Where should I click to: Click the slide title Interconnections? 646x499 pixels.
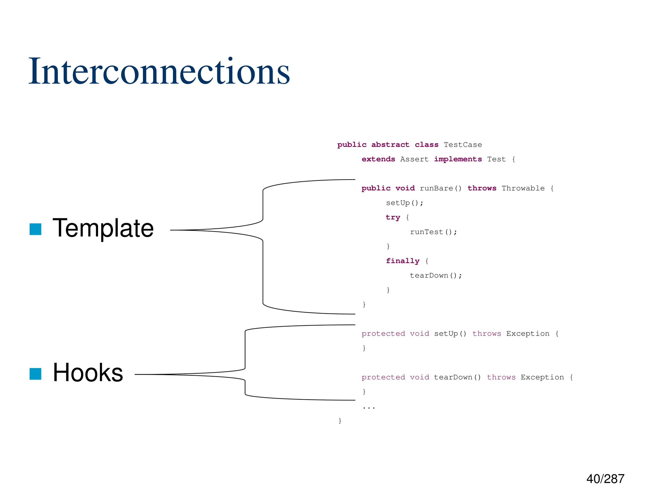coord(159,72)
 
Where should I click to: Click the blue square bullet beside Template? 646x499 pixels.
coord(35,229)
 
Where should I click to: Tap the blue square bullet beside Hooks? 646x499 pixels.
coord(35,374)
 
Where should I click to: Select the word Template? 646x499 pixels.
coord(103,228)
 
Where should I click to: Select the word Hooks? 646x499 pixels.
coord(88,373)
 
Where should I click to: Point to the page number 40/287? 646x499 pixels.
coord(605,479)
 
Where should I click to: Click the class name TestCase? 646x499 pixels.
coord(463,145)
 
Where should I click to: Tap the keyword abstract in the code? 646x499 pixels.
coord(390,145)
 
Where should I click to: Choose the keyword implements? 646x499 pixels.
coord(458,159)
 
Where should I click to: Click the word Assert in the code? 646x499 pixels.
coord(414,159)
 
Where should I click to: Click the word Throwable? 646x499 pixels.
coord(523,188)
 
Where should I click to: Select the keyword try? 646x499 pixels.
coord(393,217)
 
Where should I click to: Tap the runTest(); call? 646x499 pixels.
coord(433,232)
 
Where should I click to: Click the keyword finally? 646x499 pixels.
coord(402,261)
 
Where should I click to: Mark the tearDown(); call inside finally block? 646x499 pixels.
coord(436,275)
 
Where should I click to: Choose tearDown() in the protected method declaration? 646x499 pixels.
coord(457,377)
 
